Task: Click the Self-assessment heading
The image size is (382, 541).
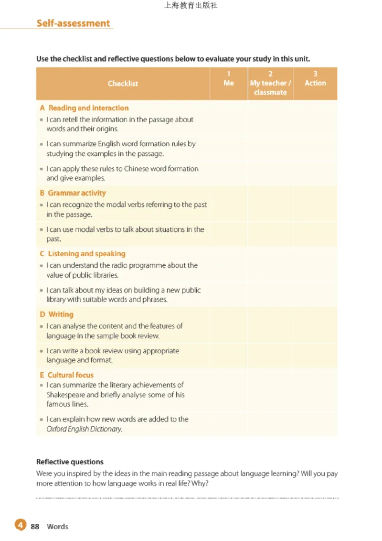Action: coord(73,23)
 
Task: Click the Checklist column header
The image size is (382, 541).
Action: coord(123,84)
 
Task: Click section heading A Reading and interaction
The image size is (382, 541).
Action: coord(84,108)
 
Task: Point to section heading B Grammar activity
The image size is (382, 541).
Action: coord(73,193)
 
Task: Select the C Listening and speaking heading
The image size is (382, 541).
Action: coord(82,254)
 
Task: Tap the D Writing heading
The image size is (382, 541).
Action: coord(56,314)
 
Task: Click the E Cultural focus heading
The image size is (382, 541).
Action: coord(66,375)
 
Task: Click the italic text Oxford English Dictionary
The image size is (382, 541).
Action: coord(84,429)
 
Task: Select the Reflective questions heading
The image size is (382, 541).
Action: coord(70,462)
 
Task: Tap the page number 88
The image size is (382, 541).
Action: coord(35,527)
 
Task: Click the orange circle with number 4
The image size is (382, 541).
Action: coord(20,526)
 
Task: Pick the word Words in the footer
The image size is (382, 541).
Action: coord(57,527)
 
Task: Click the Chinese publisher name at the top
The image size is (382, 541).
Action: coord(191,6)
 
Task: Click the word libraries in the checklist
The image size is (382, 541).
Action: coord(105,275)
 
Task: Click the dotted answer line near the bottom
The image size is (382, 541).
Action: coord(187,498)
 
